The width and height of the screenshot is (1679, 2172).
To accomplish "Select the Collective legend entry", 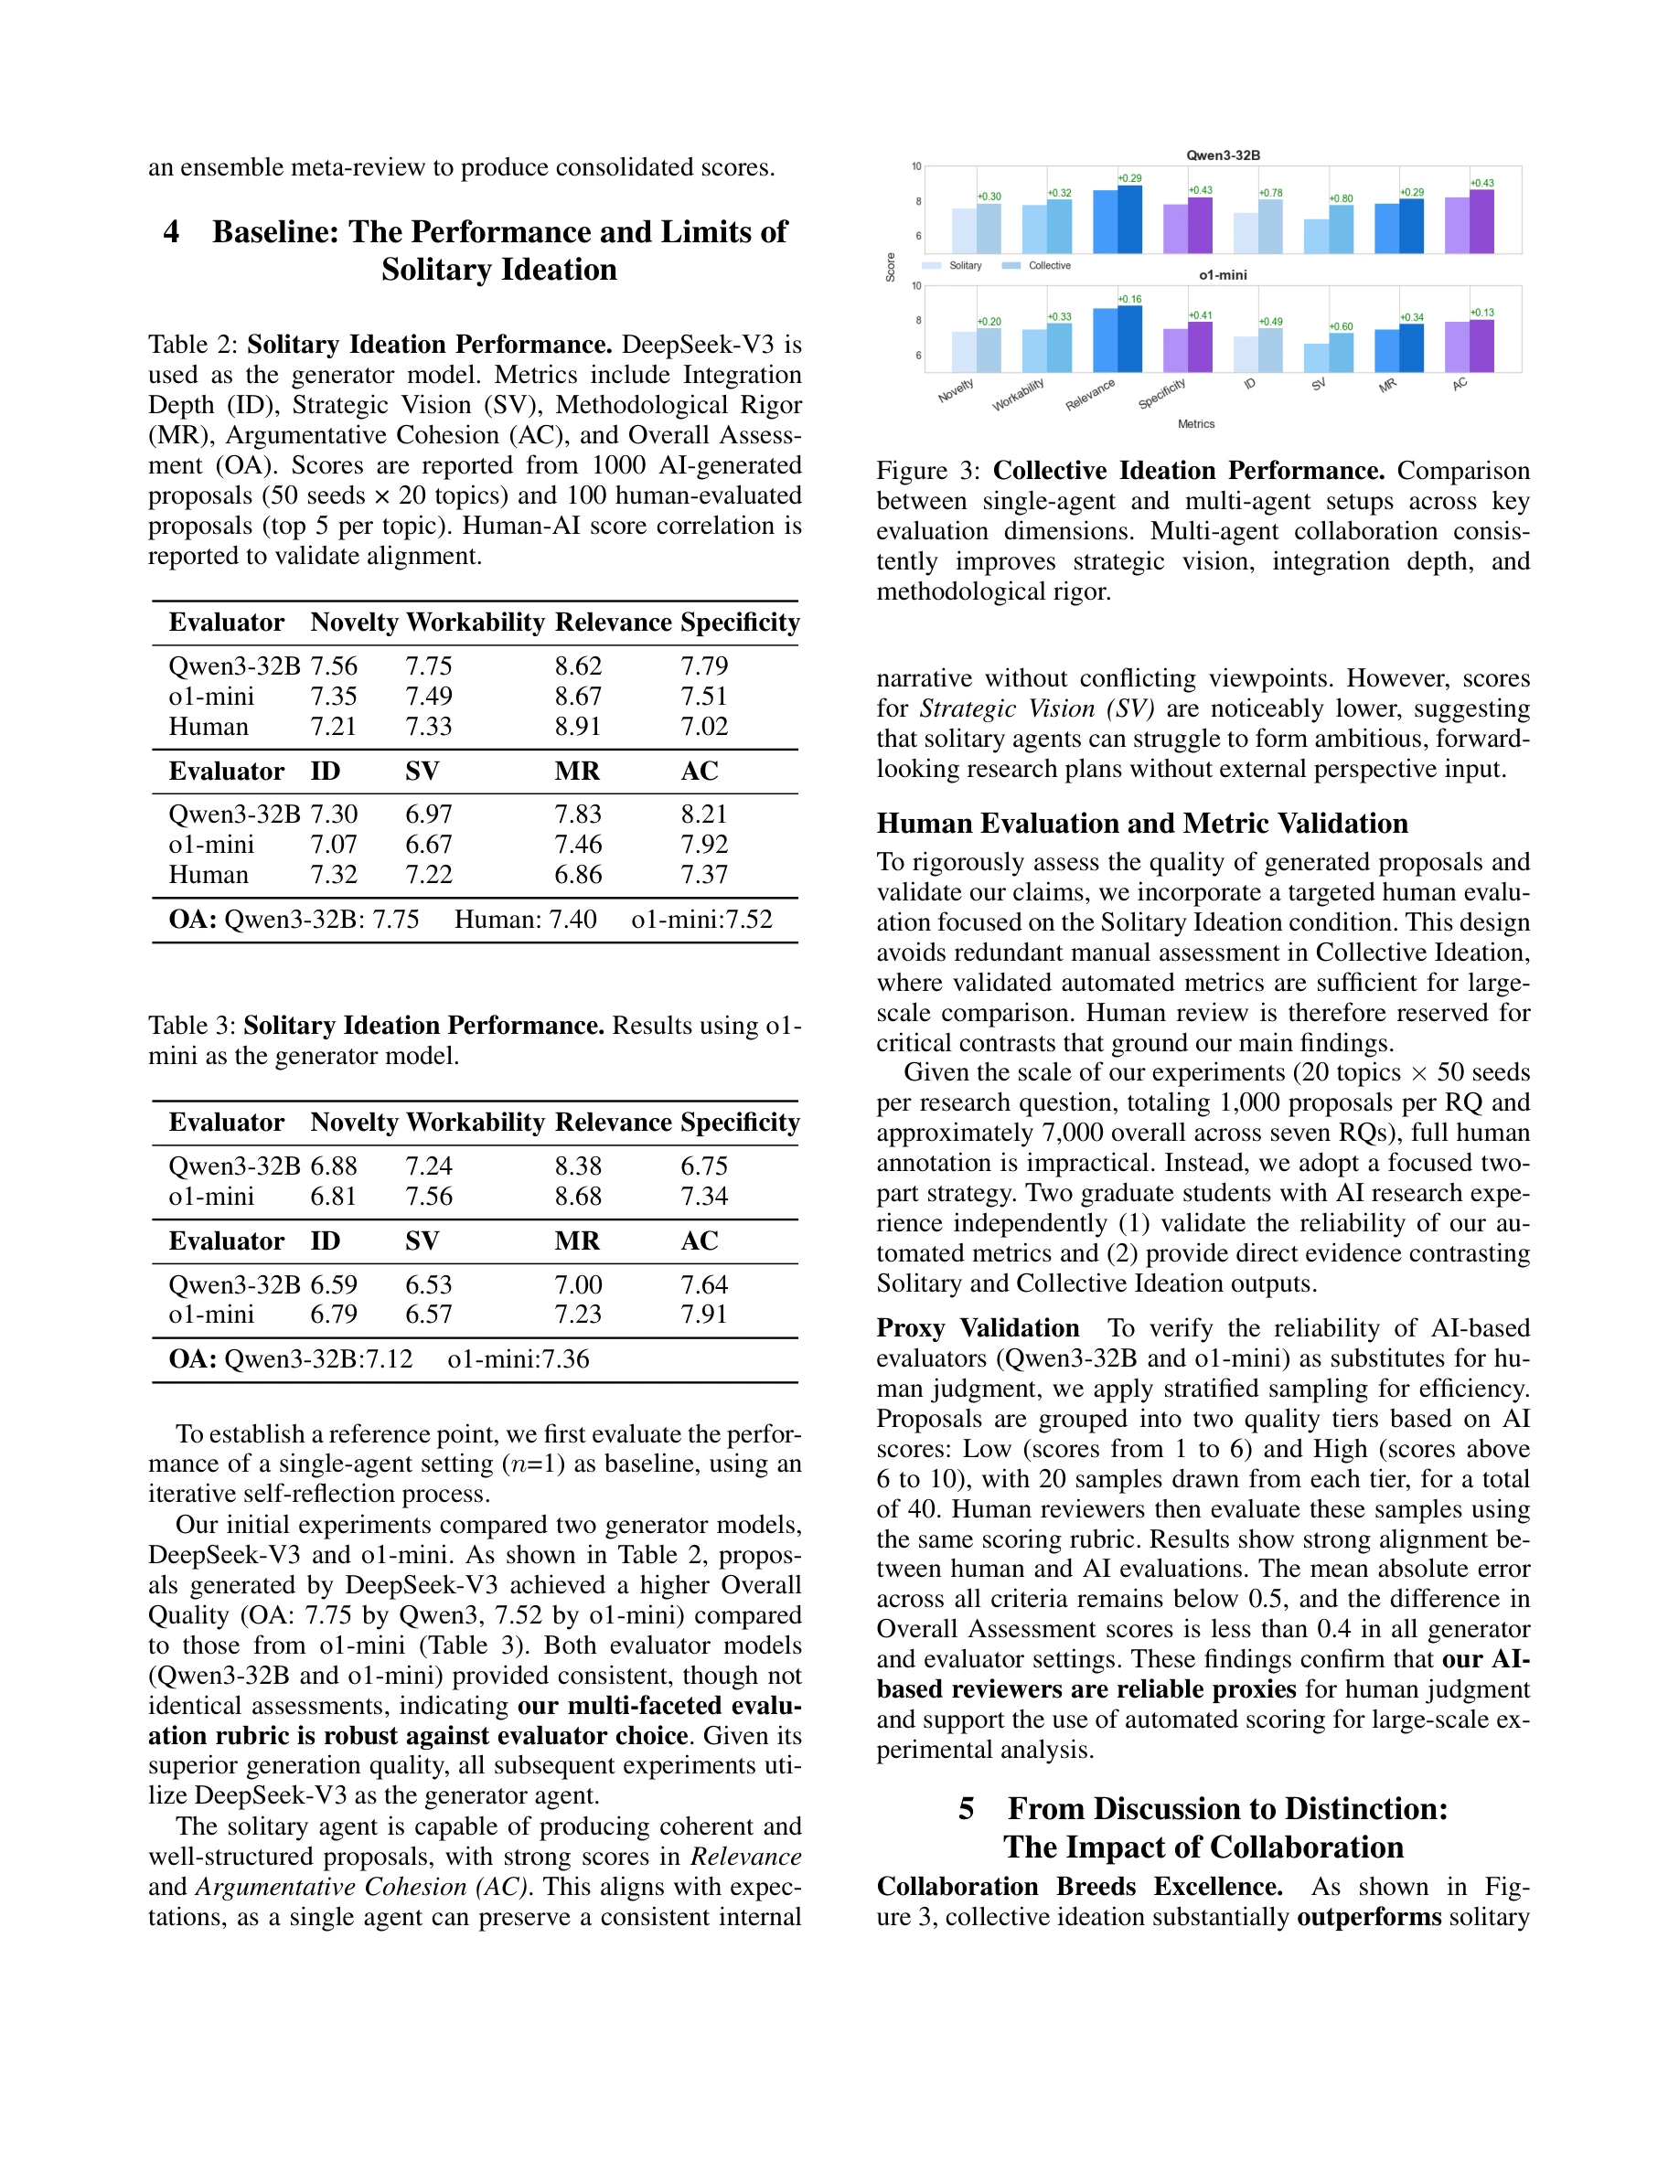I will (x=1048, y=265).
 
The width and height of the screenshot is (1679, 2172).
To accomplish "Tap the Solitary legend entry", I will (x=965, y=265).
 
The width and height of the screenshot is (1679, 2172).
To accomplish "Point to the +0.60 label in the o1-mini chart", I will (x=1342, y=326).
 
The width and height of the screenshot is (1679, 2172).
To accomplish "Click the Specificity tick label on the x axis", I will (x=1161, y=394).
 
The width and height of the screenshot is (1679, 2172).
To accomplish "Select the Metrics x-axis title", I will (x=1195, y=423).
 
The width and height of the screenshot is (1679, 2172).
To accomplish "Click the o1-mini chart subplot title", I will (x=1223, y=274).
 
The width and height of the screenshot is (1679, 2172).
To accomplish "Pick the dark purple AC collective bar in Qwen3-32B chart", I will (x=1481, y=221).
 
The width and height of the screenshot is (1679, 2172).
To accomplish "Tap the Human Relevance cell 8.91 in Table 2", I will (x=578, y=726).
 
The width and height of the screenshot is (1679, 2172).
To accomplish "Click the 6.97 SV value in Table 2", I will (x=429, y=814).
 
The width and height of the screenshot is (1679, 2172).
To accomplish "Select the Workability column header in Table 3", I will (x=476, y=1122).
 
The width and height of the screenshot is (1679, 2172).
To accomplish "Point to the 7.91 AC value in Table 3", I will (x=703, y=1314).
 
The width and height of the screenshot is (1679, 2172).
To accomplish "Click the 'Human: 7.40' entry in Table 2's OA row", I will (x=525, y=919).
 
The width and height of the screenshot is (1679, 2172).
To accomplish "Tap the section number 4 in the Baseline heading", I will (x=171, y=231).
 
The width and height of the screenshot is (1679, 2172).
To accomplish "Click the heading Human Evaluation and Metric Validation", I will (x=1142, y=824).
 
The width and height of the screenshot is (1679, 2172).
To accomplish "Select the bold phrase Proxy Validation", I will (x=977, y=1327).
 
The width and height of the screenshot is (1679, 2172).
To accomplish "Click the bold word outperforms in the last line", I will (x=1369, y=1916).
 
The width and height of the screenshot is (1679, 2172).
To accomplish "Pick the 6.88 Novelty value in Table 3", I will (x=333, y=1166).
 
